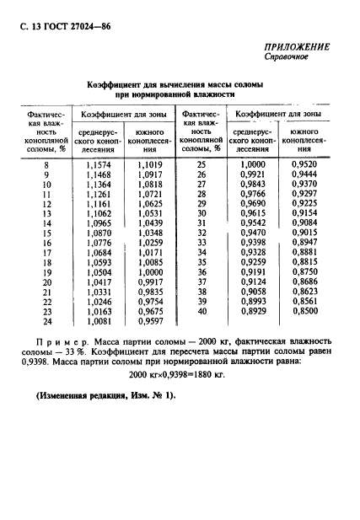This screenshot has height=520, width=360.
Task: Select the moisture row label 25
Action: pyautogui.click(x=202, y=164)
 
